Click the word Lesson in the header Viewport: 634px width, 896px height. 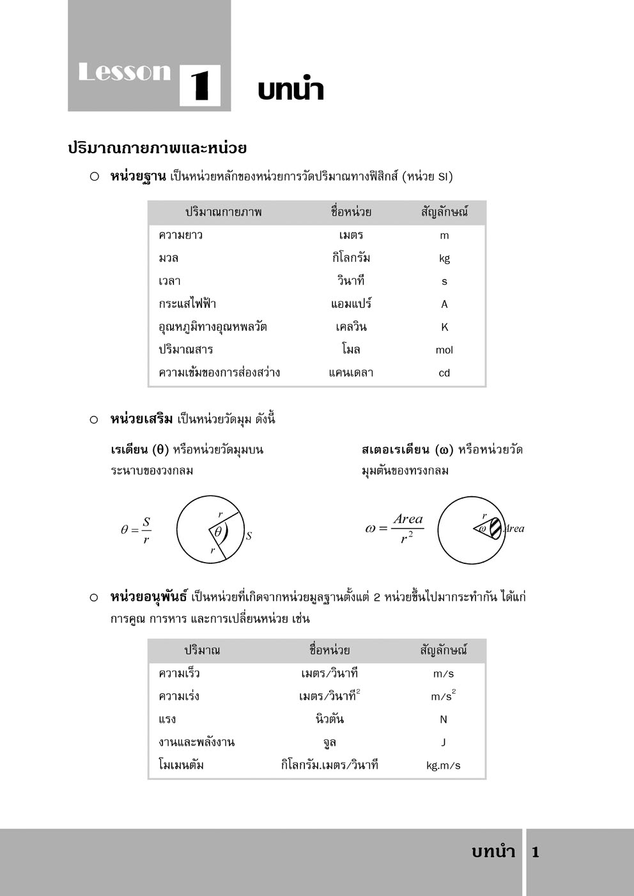(x=124, y=72)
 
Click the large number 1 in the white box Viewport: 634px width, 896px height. (x=200, y=86)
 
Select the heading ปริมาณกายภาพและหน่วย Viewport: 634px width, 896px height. (x=157, y=148)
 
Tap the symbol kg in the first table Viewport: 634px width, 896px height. (x=444, y=259)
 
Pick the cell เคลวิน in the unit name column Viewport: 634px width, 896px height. (x=351, y=327)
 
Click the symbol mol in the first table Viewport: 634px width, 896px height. (x=444, y=350)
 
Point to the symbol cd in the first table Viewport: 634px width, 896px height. (x=444, y=373)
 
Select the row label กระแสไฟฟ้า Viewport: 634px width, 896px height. (x=187, y=304)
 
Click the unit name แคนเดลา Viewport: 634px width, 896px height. (x=351, y=373)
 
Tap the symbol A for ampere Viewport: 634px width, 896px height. (x=444, y=305)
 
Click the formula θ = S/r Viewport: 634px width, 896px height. (x=136, y=530)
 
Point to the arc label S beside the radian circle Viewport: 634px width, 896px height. (x=249, y=536)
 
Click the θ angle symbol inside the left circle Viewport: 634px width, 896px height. (x=218, y=531)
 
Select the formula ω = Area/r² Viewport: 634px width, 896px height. (x=394, y=528)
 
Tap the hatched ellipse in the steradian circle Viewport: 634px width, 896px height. (x=497, y=528)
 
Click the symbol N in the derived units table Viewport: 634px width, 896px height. (x=444, y=720)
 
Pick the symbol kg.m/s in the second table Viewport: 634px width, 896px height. (x=444, y=766)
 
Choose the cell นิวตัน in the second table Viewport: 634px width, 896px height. (x=330, y=720)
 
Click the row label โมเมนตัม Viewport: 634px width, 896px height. (x=181, y=765)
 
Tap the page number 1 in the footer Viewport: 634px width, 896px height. (x=536, y=852)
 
